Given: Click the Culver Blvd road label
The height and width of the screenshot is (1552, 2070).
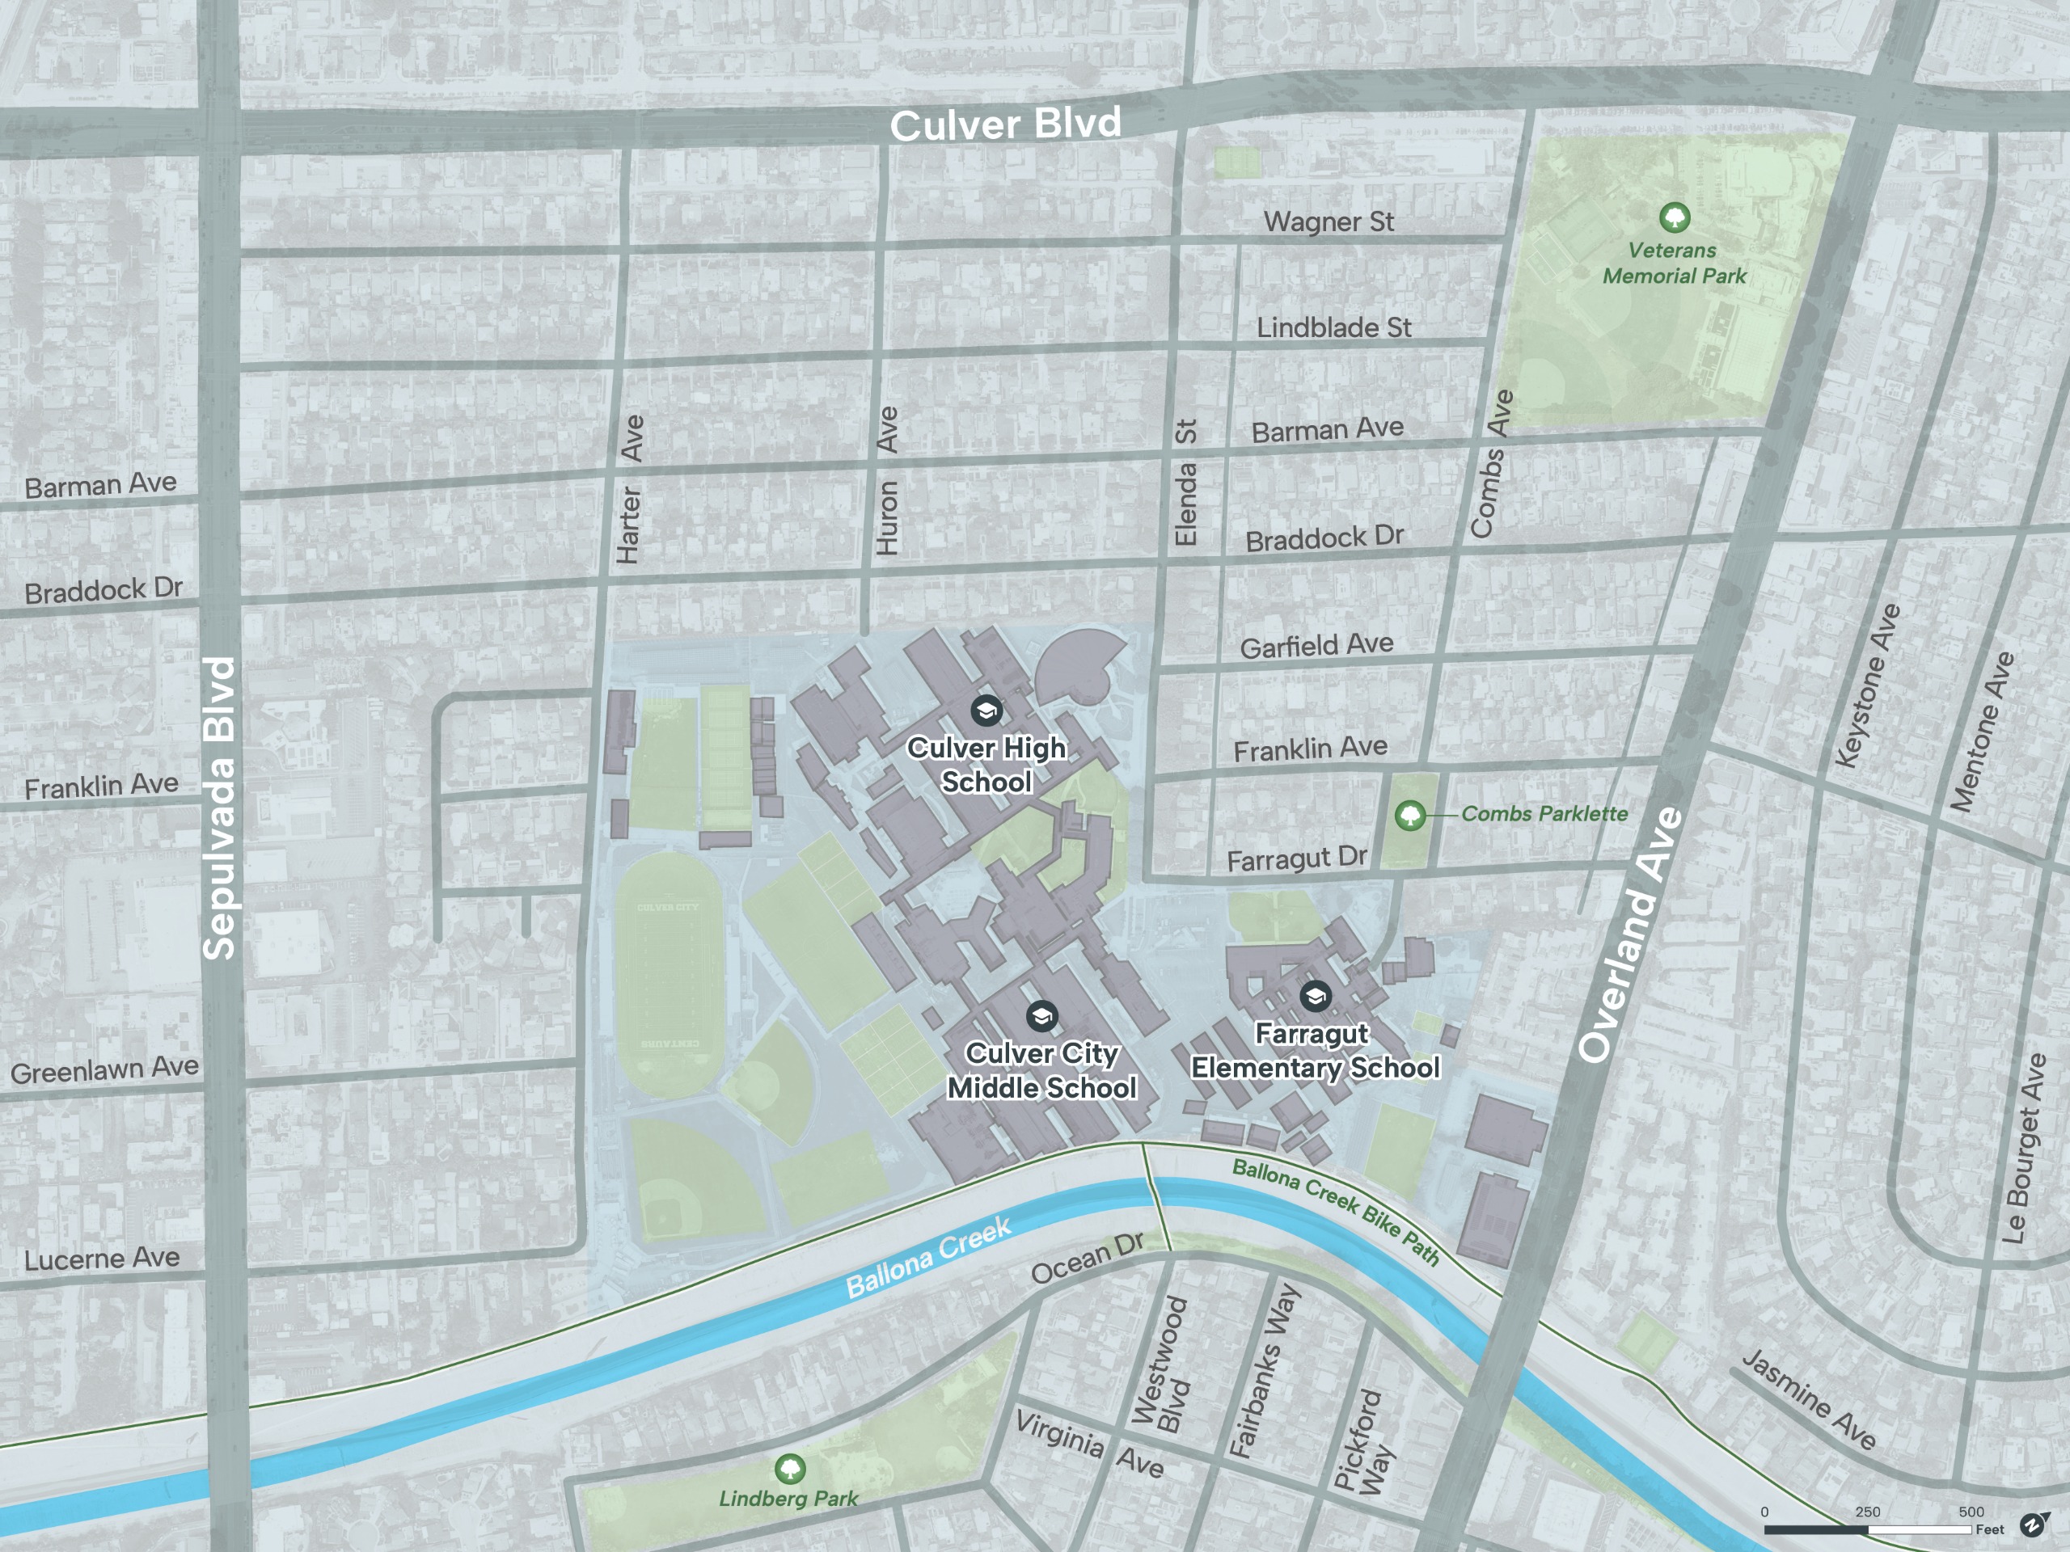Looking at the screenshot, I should [x=1005, y=124].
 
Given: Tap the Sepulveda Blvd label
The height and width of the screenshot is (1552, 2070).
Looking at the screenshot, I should [x=220, y=808].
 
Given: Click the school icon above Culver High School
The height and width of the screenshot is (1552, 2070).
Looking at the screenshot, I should [x=986, y=710].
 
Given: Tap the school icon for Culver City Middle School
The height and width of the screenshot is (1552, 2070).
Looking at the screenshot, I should [x=1041, y=1016].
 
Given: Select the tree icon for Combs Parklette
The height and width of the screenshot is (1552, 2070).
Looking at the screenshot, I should [x=1410, y=815].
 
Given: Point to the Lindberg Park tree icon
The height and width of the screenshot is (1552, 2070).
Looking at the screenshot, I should [x=790, y=1468].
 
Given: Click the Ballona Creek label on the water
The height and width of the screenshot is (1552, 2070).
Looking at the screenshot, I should [x=928, y=1257].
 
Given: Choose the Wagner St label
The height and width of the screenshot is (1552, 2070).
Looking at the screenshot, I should [x=1328, y=221].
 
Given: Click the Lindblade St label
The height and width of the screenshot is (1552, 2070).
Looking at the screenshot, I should [x=1333, y=327].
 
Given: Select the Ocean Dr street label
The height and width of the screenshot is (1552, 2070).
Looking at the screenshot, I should [x=1087, y=1259].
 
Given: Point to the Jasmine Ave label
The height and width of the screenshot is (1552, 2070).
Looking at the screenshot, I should [x=1808, y=1399].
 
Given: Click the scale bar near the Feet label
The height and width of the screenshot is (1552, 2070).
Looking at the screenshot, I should [x=1867, y=1529].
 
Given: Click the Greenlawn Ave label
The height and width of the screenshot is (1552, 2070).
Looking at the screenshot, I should [x=105, y=1069].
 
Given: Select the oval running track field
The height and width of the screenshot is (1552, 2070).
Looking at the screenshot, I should [x=668, y=974].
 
